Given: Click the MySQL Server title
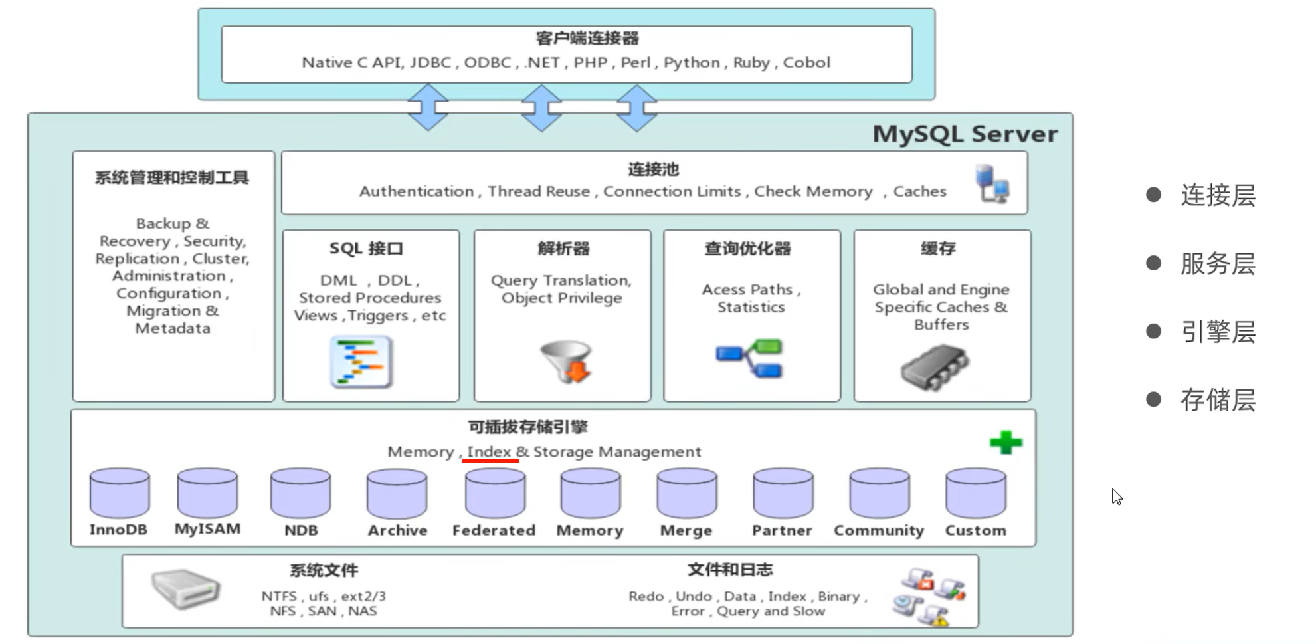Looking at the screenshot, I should point(965,134).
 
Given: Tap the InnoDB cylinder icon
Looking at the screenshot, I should point(120,493).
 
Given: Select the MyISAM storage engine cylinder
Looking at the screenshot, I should point(207,492).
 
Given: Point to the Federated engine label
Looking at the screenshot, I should point(494,530).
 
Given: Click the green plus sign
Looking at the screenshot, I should point(1006,443).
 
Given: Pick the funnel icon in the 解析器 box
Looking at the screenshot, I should point(567,362).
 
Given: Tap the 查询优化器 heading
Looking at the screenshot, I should point(748,249).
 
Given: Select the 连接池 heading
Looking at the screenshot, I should point(654,169).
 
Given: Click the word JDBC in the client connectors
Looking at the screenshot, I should point(430,62).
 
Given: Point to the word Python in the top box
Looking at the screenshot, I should point(692,62).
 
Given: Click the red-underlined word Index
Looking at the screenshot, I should point(489,452).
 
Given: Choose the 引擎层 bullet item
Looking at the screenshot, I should point(1218,332).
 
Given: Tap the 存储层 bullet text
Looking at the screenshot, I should point(1218,400).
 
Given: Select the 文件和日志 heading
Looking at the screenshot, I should point(729,570).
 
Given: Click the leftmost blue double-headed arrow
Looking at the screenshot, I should point(428,107).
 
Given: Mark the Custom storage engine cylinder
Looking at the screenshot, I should point(976,493).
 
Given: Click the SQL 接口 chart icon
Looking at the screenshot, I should point(361,362).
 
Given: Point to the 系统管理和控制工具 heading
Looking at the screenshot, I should point(172,178).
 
